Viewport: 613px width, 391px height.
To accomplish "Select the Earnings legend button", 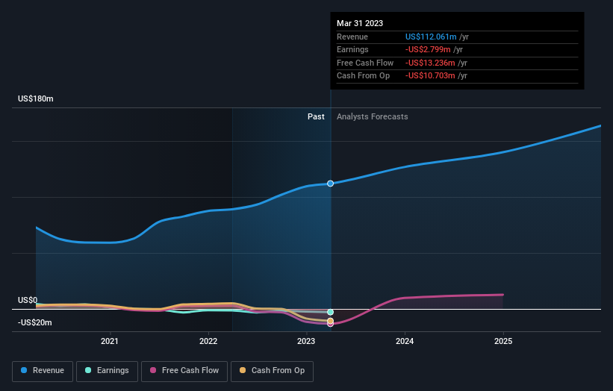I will pos(106,370).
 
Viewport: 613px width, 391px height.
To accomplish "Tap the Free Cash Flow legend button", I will pos(184,370).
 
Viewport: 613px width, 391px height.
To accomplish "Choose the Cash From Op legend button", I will pos(273,370).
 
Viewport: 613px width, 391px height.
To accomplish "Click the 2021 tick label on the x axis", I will pos(110,342).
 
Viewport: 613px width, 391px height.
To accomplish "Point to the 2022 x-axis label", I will pos(208,342).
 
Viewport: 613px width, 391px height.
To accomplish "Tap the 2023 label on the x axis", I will pos(306,342).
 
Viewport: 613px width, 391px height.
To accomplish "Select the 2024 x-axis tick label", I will pos(405,342).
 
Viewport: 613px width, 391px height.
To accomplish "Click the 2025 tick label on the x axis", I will pos(503,342).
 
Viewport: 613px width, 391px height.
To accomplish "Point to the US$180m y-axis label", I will pos(36,98).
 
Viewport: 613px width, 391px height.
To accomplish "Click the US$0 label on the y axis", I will pos(28,300).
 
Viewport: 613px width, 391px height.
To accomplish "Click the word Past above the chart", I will pos(316,116).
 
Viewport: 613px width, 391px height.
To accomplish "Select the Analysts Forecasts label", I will pos(372,116).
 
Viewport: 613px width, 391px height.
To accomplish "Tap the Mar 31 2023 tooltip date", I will pos(360,23).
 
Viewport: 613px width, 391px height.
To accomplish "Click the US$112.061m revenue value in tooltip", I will pos(431,37).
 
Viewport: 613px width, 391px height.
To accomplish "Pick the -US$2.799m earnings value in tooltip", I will pos(429,50).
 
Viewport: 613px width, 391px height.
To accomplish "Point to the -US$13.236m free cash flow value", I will pos(431,63).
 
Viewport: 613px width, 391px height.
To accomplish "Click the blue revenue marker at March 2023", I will pos(330,184).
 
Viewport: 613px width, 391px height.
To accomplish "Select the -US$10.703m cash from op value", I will pos(431,76).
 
